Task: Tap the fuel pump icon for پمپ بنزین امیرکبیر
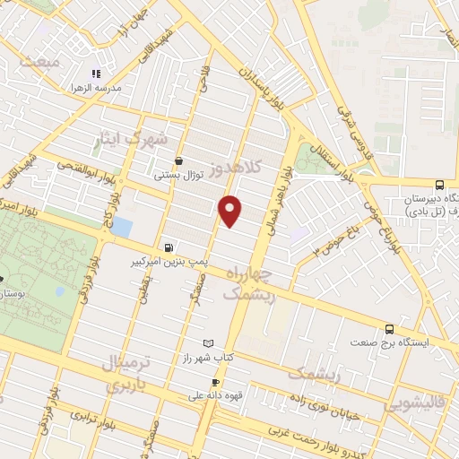[x=169, y=247]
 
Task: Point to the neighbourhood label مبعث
[x=42, y=62]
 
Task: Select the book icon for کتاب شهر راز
[x=209, y=343]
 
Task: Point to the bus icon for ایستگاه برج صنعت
[x=389, y=329]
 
